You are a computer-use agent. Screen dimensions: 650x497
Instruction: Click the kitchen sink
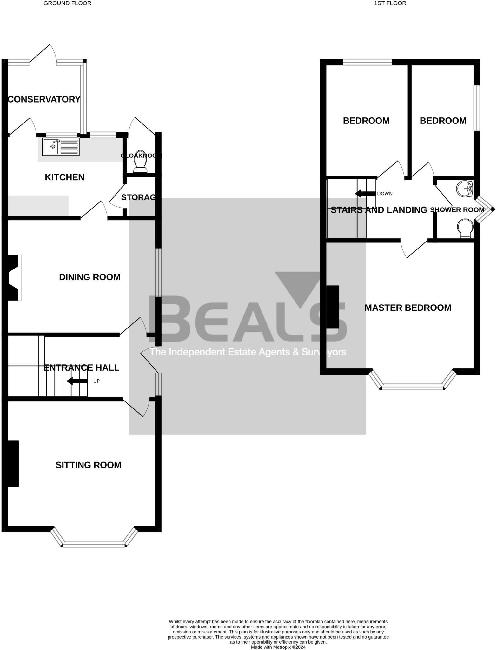tap(60, 147)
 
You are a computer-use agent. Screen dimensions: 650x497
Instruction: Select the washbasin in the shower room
tap(465, 189)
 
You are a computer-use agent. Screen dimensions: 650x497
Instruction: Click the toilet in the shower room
tap(465, 228)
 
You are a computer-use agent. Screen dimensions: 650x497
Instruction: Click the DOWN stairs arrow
tap(365, 194)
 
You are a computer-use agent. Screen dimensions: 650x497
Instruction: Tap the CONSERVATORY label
tap(44, 99)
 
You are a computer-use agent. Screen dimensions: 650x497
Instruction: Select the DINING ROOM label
tap(90, 277)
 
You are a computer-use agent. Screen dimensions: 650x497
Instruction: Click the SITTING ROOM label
tap(89, 465)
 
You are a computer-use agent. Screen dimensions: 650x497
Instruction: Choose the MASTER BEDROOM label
tap(408, 308)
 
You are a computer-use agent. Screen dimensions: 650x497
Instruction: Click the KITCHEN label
tap(64, 177)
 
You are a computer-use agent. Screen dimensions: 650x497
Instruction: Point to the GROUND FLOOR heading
tap(67, 3)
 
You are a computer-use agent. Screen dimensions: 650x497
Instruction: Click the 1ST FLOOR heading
tap(390, 3)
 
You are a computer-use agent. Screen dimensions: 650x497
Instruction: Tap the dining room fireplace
tap(13, 278)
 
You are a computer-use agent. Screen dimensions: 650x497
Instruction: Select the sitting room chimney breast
tap(13, 463)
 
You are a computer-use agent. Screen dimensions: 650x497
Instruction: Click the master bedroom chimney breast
tap(333, 307)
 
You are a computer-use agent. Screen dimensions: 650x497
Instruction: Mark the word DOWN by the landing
tap(385, 194)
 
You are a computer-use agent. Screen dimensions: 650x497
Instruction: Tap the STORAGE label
tap(138, 197)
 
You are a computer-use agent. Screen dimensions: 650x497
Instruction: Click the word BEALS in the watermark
tap(248, 319)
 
